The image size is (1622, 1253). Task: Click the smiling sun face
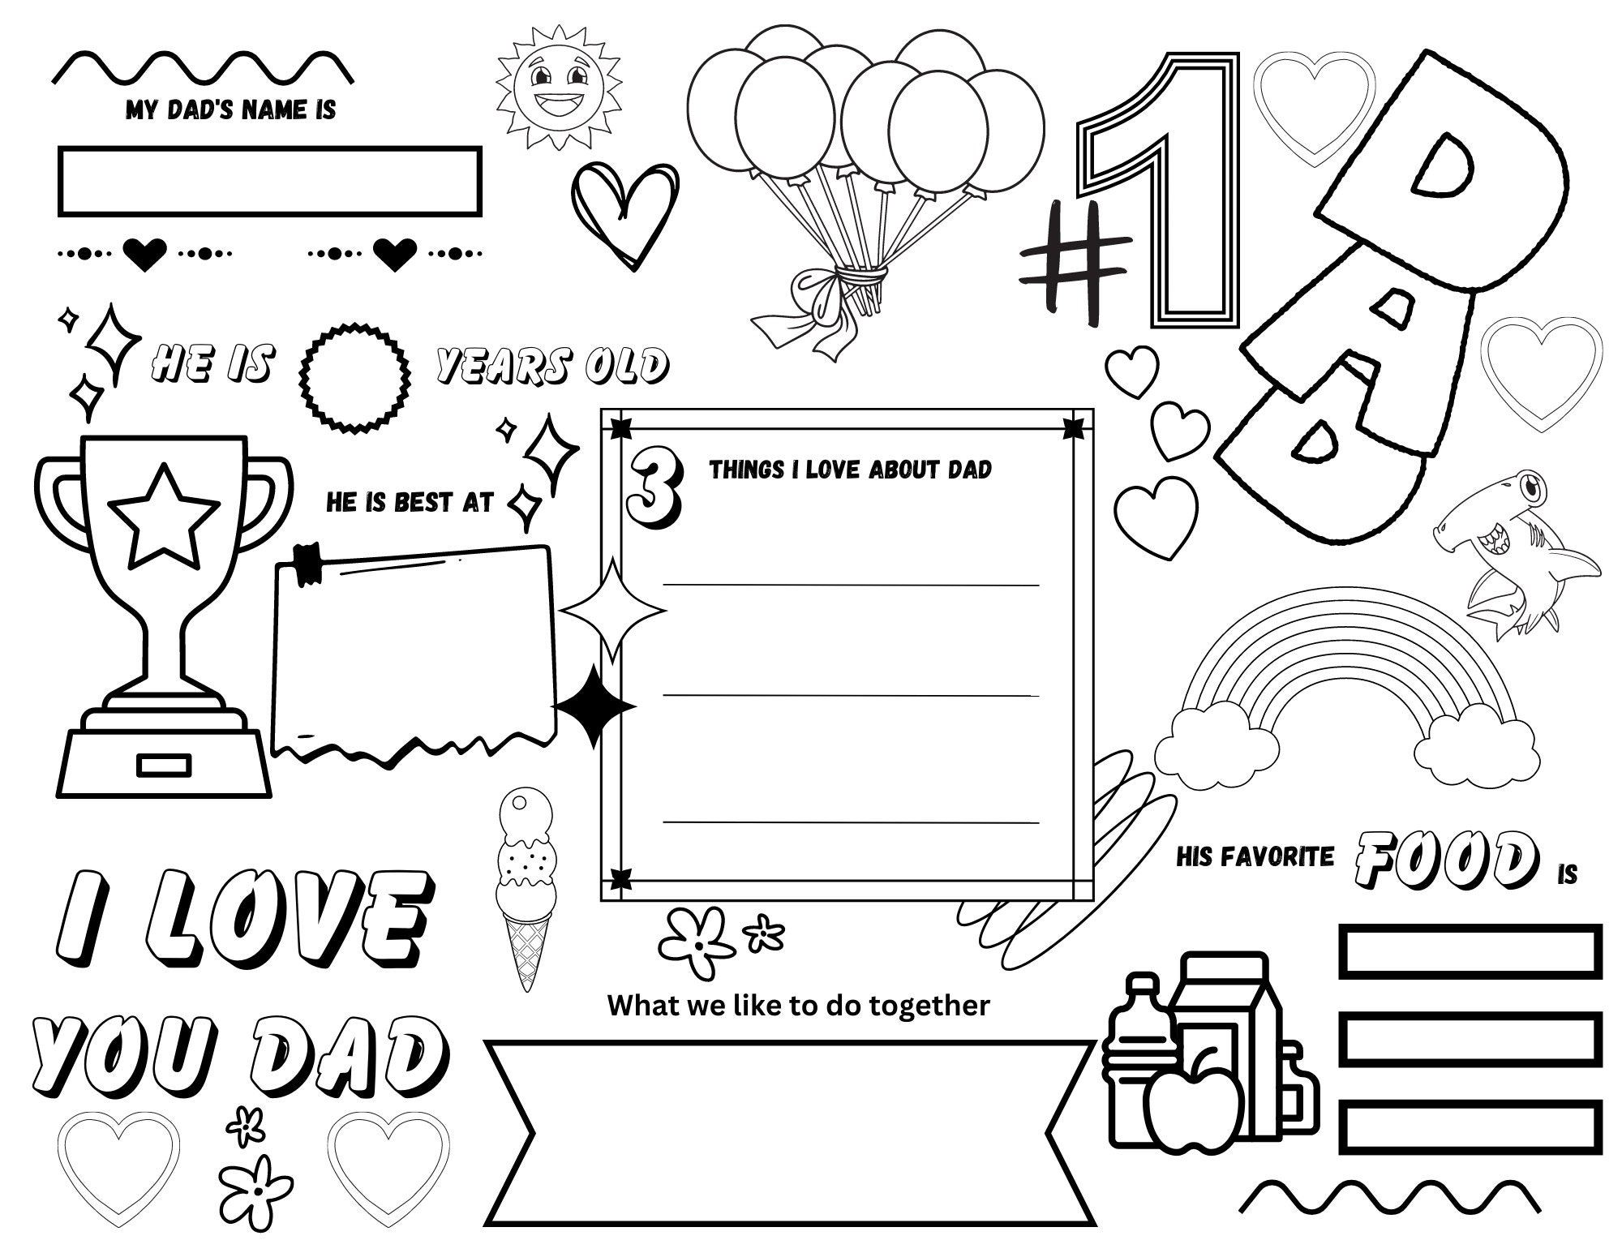coord(558,87)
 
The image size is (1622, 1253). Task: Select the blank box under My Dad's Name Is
coord(269,182)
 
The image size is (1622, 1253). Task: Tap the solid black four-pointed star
coord(594,706)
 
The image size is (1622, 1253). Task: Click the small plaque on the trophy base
coord(164,765)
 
